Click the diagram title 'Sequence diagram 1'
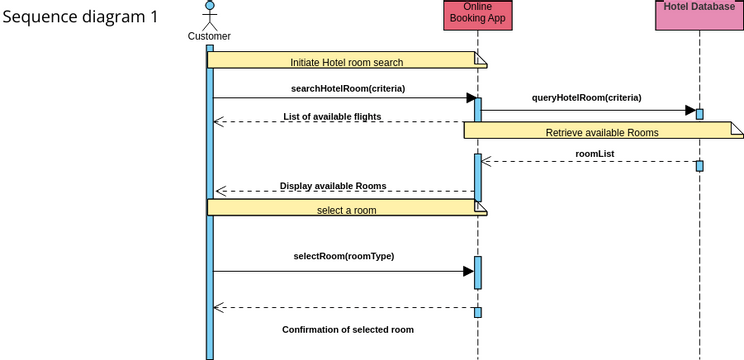(x=80, y=17)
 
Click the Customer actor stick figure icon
(x=209, y=14)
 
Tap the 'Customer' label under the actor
(x=209, y=37)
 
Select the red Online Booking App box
(x=477, y=15)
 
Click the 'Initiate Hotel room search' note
(x=346, y=61)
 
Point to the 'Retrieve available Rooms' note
(x=602, y=131)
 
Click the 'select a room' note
(x=346, y=209)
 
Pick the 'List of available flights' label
(x=332, y=117)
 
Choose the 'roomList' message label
(x=595, y=154)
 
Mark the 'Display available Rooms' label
(x=333, y=186)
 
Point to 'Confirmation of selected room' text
(x=347, y=329)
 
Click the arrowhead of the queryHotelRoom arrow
(x=689, y=111)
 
